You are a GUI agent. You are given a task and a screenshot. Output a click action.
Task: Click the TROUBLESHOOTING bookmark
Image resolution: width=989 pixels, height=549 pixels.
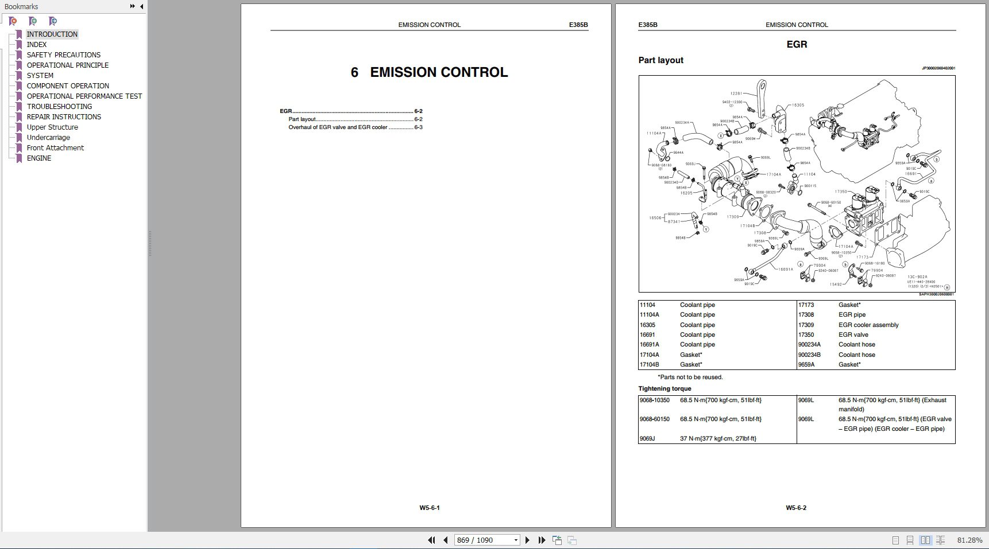click(59, 107)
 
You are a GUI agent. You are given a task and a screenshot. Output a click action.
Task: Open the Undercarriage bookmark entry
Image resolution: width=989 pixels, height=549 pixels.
click(48, 138)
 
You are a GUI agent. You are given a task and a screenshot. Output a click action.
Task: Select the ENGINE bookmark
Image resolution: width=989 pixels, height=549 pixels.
click(39, 158)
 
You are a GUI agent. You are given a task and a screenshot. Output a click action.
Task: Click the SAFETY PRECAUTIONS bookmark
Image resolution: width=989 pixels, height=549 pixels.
click(63, 55)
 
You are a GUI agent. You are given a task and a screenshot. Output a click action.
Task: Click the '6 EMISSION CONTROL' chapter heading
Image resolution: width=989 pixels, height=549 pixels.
click(429, 72)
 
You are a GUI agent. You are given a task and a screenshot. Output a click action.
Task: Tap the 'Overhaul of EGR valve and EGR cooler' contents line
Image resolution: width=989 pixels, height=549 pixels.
click(338, 127)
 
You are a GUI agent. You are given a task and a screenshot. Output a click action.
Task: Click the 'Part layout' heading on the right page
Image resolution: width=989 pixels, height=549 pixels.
click(660, 60)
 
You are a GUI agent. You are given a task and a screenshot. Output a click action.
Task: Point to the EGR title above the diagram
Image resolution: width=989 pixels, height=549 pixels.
click(797, 44)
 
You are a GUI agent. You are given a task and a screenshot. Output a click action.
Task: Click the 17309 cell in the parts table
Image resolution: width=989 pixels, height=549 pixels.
click(806, 325)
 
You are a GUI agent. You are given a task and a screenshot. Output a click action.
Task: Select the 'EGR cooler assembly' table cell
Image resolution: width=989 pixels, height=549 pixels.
click(868, 325)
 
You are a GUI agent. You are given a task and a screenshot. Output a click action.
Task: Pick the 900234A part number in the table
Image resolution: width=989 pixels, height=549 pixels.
click(809, 345)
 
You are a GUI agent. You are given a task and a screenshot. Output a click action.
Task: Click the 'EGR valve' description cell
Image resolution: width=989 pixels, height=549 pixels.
click(853, 335)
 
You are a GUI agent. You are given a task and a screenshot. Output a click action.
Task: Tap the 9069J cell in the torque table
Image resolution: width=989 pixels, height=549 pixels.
click(647, 439)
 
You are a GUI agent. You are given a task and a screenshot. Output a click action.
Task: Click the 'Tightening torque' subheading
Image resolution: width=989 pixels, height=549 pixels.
click(665, 389)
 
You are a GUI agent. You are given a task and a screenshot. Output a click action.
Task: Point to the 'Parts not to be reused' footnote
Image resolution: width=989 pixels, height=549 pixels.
click(690, 377)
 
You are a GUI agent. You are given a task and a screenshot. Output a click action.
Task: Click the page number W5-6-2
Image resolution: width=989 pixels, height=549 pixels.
click(796, 508)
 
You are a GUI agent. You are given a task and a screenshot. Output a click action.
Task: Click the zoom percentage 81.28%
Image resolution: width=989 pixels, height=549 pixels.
click(969, 540)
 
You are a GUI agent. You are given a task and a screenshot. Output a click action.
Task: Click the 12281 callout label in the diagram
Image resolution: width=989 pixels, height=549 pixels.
click(736, 94)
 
